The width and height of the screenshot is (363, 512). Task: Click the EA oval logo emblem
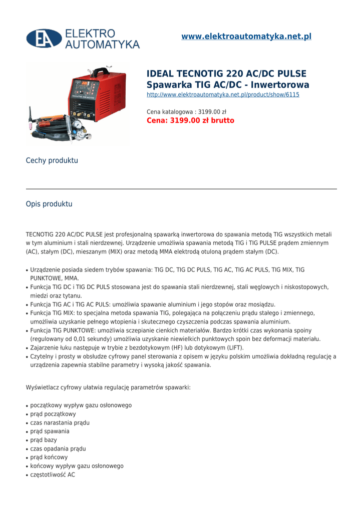(x=44, y=39)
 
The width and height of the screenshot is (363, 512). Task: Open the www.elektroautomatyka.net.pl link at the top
(x=246, y=36)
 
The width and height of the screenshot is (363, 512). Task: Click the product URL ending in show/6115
(x=223, y=94)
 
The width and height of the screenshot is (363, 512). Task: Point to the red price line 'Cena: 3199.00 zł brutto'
(x=190, y=120)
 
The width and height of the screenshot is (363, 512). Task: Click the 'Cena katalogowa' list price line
(x=186, y=111)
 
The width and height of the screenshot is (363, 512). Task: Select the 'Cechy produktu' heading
(x=52, y=160)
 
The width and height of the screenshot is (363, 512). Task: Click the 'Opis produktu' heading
(x=49, y=204)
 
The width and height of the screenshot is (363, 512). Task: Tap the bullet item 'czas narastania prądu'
(x=60, y=422)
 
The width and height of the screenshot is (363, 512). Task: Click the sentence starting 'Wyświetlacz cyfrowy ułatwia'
(x=108, y=387)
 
